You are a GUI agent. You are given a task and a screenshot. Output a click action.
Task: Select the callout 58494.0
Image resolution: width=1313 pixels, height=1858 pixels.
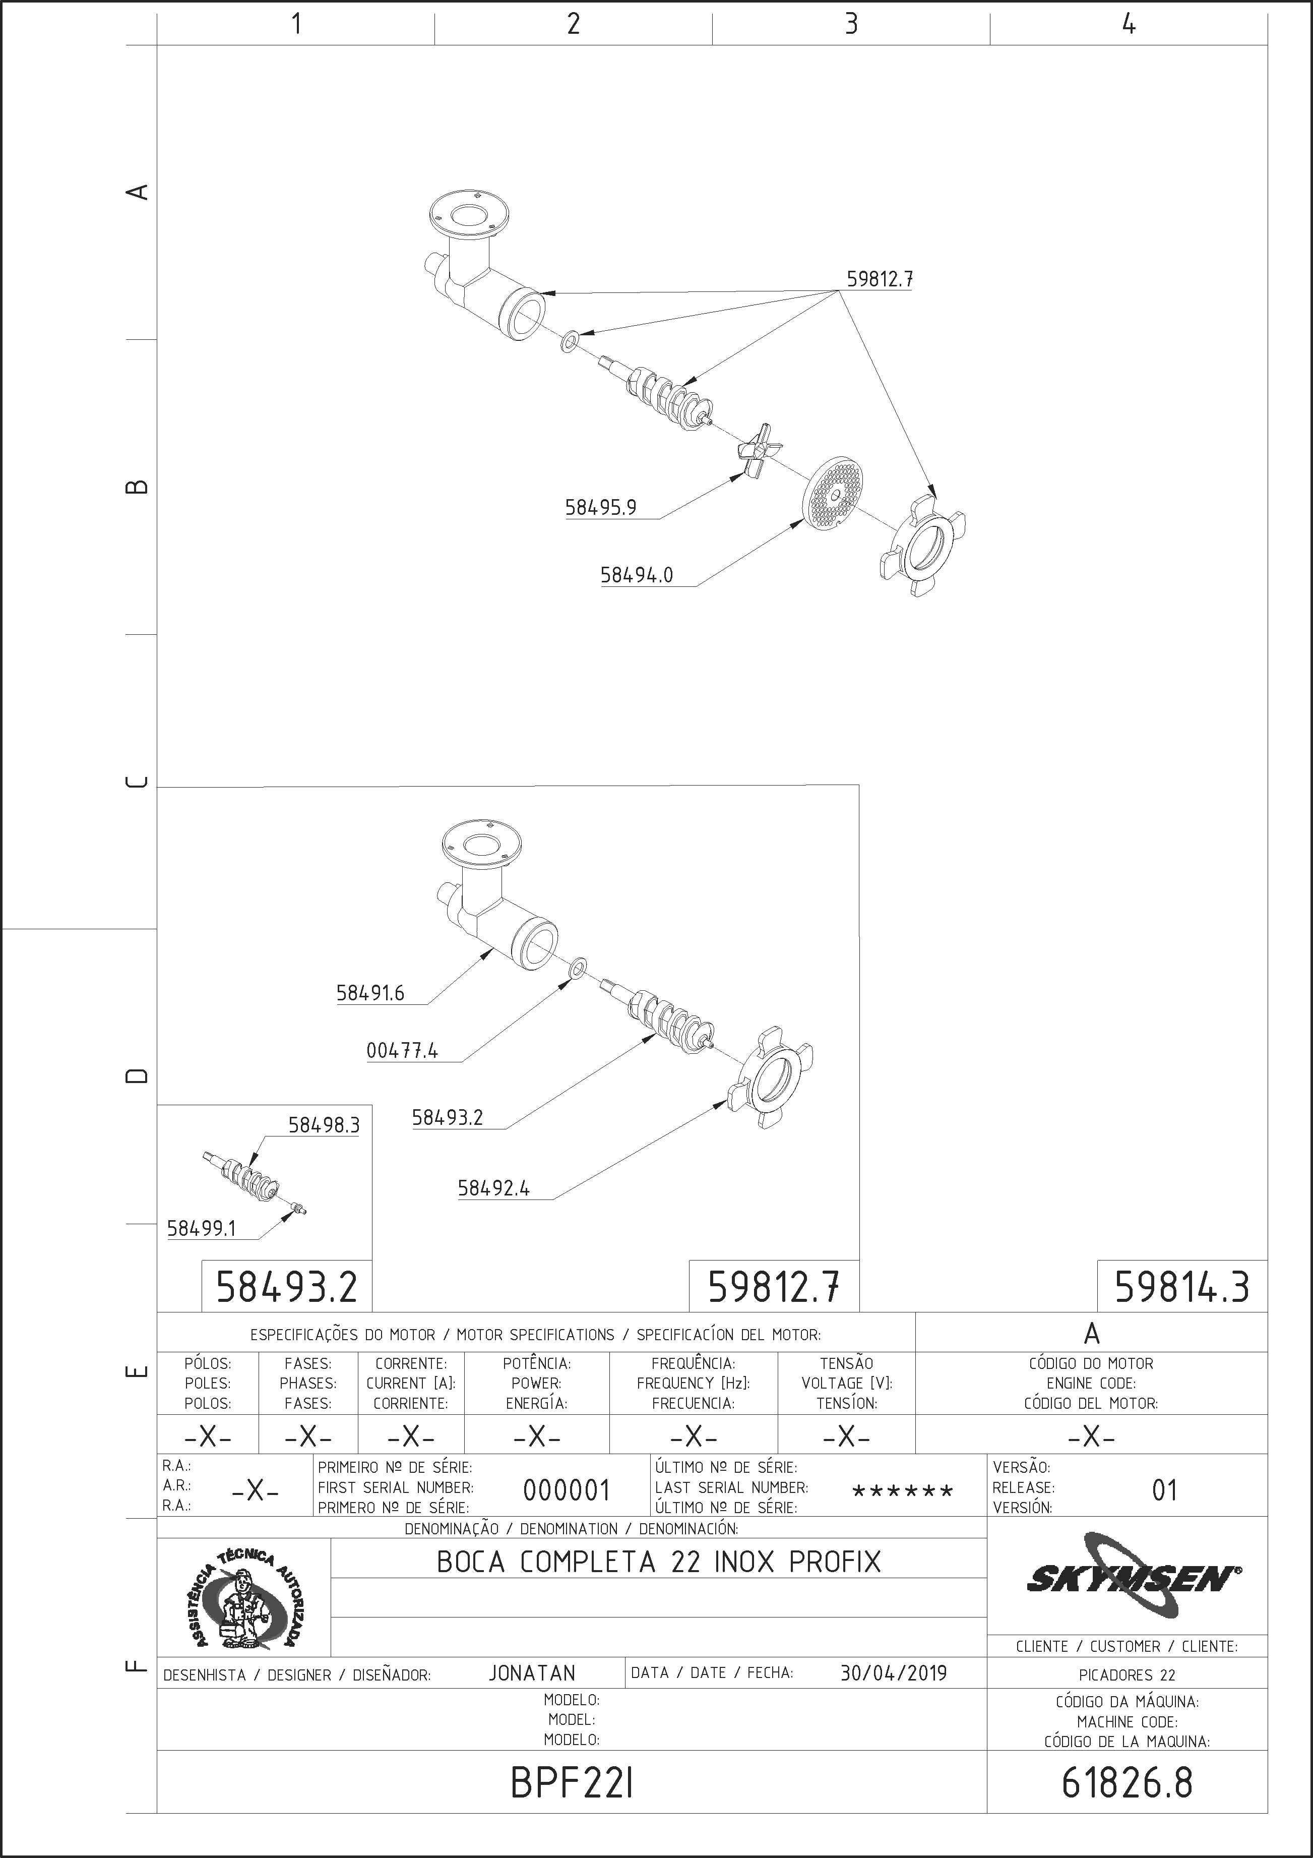point(637,575)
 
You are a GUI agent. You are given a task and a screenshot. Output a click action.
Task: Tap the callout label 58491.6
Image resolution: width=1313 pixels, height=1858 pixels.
point(370,993)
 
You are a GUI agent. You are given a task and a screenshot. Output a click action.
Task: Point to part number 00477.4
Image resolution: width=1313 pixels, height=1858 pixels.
point(402,1051)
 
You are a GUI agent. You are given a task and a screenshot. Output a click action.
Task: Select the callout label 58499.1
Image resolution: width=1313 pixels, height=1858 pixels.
point(202,1228)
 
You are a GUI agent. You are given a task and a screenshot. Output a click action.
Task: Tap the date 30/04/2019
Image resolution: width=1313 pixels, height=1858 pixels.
point(893,1672)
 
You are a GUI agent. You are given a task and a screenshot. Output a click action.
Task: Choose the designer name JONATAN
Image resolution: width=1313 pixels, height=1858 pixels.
point(532,1672)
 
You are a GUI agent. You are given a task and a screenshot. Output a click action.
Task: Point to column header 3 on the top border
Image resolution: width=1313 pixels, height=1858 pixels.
point(851,24)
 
